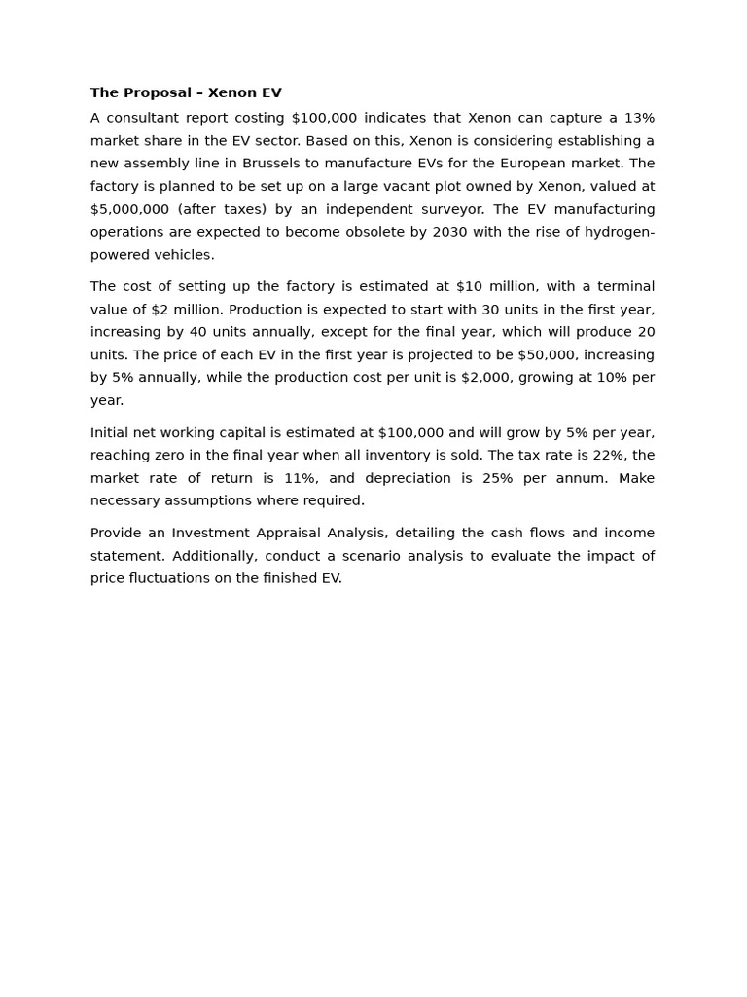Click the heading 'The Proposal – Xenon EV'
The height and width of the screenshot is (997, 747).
pyautogui.click(x=186, y=93)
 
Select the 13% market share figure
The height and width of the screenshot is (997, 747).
pyautogui.click(x=639, y=118)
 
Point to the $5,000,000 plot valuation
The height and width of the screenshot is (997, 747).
pyautogui.click(x=129, y=209)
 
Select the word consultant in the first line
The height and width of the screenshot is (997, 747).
pyautogui.click(x=139, y=118)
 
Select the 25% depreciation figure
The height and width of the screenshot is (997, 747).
pyautogui.click(x=498, y=478)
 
